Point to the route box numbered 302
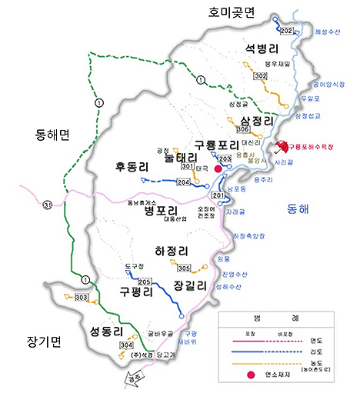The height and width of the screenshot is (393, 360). [260, 75]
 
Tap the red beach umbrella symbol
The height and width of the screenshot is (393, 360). [281, 146]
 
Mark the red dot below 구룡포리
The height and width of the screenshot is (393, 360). [218, 168]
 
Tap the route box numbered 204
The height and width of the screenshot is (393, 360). [183, 182]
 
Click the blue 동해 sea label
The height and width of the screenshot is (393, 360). [297, 208]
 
